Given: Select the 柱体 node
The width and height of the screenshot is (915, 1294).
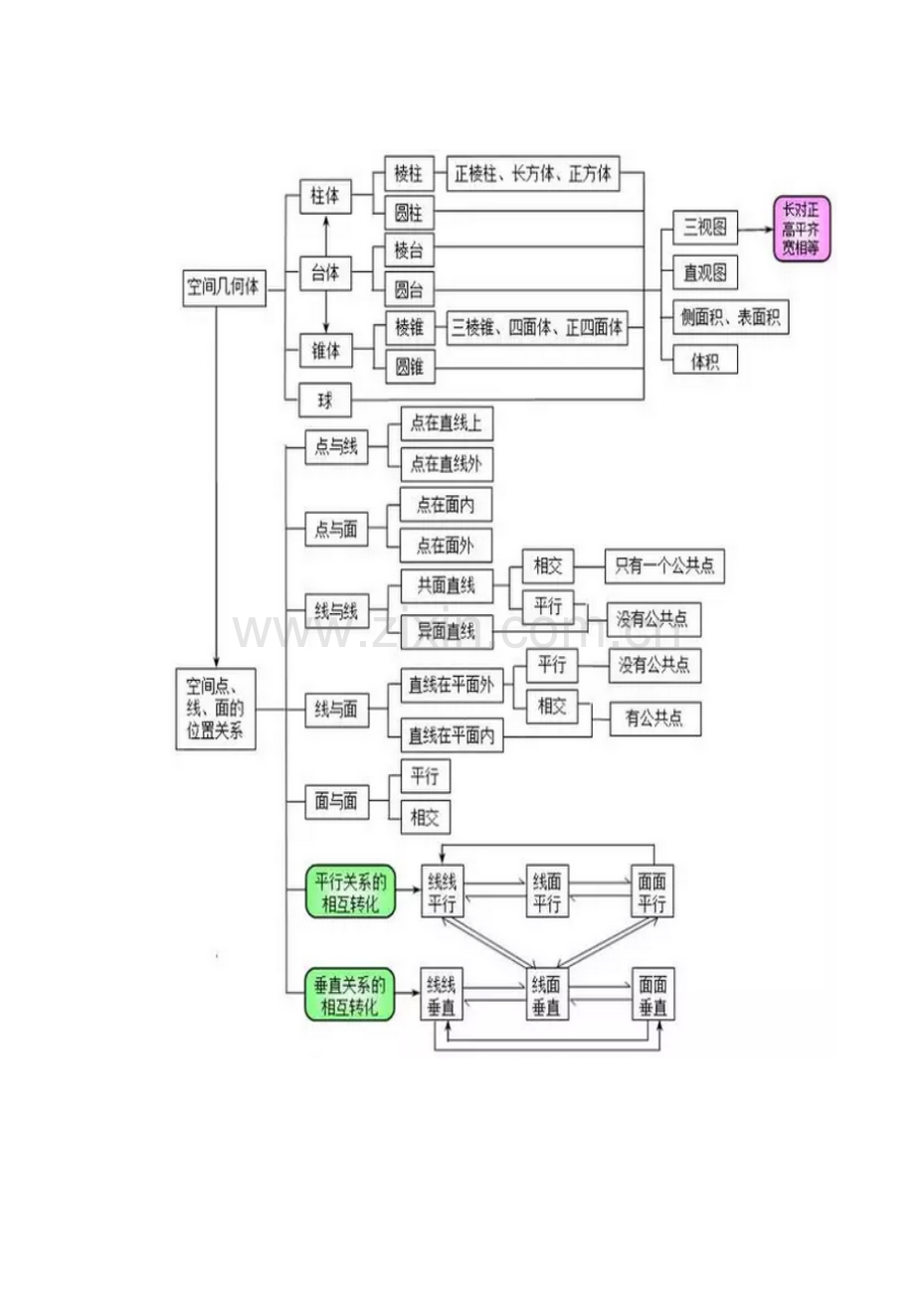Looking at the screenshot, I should point(325,196).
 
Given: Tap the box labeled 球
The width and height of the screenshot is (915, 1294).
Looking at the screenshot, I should point(325,401).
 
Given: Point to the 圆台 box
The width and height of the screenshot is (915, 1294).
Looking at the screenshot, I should point(409,290).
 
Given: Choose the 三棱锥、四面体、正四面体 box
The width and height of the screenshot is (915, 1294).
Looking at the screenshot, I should point(537,328).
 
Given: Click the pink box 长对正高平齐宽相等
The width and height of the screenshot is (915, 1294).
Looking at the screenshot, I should point(802,230).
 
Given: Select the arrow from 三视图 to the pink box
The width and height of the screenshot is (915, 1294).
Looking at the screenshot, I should point(756,229).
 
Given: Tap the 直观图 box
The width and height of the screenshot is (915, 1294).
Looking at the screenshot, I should point(704,272).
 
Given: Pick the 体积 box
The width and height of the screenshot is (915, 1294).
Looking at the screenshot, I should point(704,361).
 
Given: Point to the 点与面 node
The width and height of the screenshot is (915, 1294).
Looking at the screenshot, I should point(336,530).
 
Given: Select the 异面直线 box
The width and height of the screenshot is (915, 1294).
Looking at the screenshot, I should point(446,630).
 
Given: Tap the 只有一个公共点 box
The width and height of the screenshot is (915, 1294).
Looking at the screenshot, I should point(664,566).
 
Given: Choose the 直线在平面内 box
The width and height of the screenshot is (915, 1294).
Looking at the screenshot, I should point(452,736).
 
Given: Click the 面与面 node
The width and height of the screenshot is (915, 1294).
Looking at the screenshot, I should point(336,802).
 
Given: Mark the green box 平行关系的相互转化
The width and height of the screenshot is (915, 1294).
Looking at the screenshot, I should point(350,891).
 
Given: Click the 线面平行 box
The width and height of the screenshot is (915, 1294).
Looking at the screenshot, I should point(546,891).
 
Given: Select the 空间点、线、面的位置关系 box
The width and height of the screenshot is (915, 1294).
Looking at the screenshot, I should point(216,710).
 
